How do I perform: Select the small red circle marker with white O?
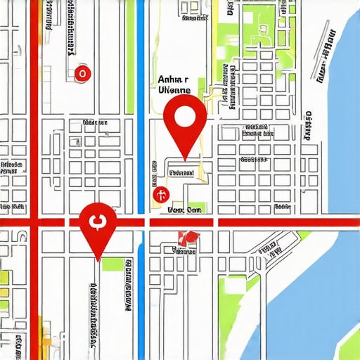point(82,72)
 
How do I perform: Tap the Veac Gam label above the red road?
point(184,210)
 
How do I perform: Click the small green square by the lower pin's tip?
point(110,264)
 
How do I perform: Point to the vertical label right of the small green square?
point(128,285)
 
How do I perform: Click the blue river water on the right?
point(316,281)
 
